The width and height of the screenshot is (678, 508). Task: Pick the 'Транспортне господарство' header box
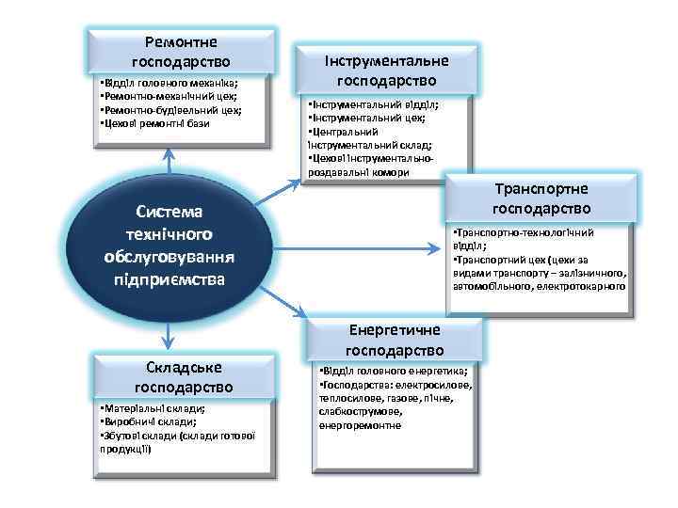(541, 198)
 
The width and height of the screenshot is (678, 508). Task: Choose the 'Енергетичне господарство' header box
(395, 341)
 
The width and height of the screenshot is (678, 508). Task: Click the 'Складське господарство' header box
(181, 377)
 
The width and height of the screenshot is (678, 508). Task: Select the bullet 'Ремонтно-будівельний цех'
(169, 110)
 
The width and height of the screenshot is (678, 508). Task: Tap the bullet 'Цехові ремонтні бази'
(154, 123)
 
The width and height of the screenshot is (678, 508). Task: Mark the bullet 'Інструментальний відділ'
(371, 106)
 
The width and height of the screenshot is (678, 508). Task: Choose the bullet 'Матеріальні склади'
(152, 410)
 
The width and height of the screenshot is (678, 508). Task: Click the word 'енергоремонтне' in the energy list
(361, 425)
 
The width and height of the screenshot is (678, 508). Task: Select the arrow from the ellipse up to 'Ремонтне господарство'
(169, 165)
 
